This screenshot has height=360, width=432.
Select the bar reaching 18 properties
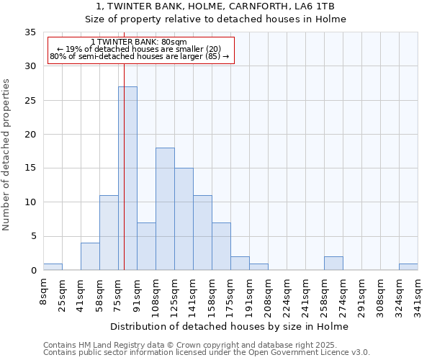[x=165, y=209]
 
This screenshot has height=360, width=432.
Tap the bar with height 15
[x=184, y=219]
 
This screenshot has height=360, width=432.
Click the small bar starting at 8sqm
[x=53, y=267]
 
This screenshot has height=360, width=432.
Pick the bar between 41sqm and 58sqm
[x=90, y=256]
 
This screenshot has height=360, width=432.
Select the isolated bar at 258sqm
[x=333, y=264]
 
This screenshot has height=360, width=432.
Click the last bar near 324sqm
[x=408, y=267]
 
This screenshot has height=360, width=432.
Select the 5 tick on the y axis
[x=32, y=237]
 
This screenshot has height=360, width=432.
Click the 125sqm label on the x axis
[x=174, y=296]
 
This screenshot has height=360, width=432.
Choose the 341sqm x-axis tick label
[x=418, y=296]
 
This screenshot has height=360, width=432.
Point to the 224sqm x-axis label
[x=287, y=296]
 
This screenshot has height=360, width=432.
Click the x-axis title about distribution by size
[x=230, y=327]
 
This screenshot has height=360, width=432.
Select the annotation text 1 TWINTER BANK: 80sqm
[x=140, y=42]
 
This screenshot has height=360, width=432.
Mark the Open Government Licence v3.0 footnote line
[x=207, y=353]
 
